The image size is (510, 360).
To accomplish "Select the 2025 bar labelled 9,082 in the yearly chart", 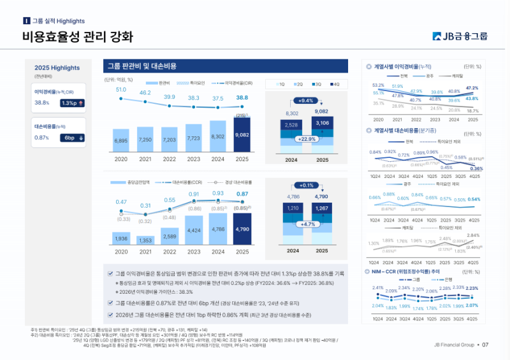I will point(242,135).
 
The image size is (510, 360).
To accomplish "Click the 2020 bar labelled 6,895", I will point(121,140).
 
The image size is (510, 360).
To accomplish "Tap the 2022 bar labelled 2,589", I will point(170,236).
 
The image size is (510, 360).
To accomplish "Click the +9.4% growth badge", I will point(306,101).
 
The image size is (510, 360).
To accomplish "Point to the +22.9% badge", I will point(306,138).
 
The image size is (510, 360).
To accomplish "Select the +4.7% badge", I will point(306,224).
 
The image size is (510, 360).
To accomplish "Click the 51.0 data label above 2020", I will point(121,90).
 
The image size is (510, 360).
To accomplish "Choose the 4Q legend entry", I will point(335,84).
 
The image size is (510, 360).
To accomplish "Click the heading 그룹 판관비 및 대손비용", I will point(142,66).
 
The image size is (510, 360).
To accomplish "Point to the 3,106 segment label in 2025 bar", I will point(322,123).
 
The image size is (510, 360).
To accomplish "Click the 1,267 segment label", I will point(322,208).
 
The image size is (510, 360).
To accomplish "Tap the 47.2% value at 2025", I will point(472,89).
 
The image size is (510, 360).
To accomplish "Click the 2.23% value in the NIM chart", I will point(472,289).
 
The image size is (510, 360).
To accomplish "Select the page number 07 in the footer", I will point(485,345).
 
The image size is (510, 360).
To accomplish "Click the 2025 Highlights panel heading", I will point(57,68).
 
